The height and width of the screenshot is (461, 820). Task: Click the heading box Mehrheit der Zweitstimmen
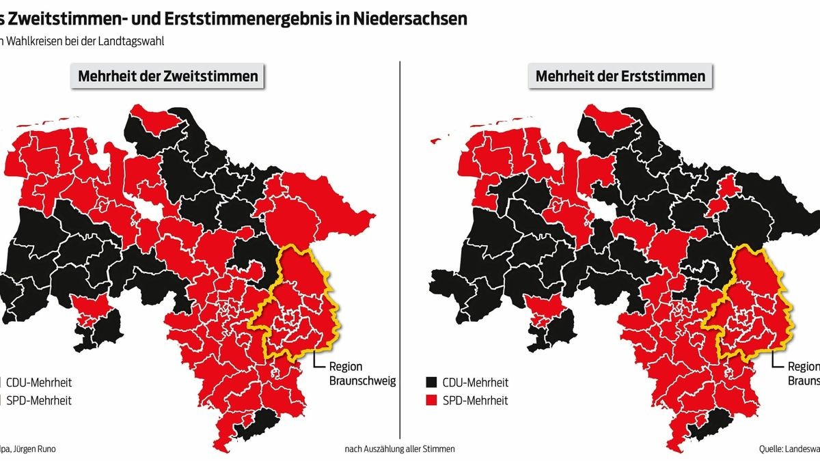click(168, 76)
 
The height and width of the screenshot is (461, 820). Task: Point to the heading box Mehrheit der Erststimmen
click(620, 76)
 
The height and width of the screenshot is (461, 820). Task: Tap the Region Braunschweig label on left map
click(362, 373)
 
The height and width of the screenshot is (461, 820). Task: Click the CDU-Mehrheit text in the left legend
click(39, 382)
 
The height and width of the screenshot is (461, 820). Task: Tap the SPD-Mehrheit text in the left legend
click(38, 400)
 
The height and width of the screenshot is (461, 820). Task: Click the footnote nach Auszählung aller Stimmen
click(399, 449)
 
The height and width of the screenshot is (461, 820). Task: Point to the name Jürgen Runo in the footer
click(33, 449)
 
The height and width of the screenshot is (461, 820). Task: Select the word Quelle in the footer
click(772, 449)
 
